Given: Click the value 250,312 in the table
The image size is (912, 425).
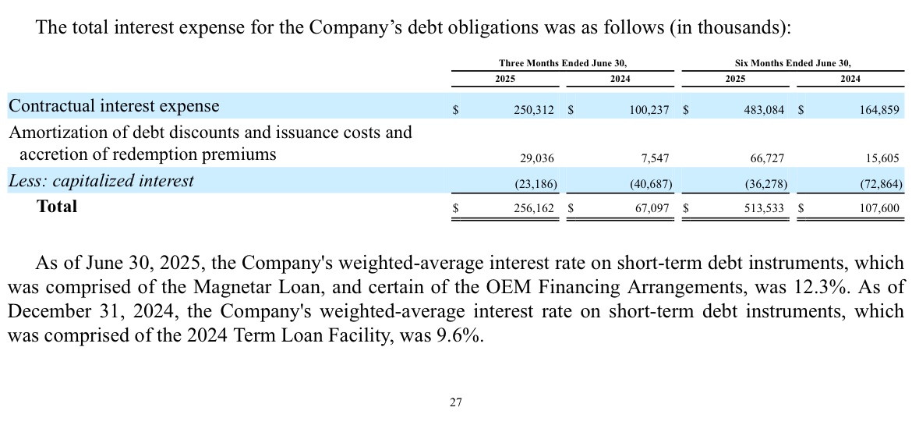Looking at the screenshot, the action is [534, 109].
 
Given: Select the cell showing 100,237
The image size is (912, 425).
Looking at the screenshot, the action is [649, 109].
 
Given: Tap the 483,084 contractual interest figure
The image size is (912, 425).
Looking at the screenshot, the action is [764, 109].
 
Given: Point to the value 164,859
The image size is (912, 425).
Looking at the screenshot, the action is [879, 109].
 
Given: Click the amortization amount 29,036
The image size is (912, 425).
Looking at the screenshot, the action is [537, 158].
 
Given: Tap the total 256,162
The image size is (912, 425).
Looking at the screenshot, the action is [534, 208].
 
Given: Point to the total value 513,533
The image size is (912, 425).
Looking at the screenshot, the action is [764, 208].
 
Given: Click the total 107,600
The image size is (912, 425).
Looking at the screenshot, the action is [879, 208].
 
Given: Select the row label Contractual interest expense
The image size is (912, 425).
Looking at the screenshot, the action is [114, 106].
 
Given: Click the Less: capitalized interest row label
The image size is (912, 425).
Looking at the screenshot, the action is [101, 180].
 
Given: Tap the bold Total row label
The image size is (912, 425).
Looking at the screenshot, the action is [57, 206].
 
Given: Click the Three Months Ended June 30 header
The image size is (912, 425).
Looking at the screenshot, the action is [563, 63].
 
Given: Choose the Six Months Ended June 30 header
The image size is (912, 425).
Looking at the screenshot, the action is [793, 63].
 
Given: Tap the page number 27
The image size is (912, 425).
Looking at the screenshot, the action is [456, 402].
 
